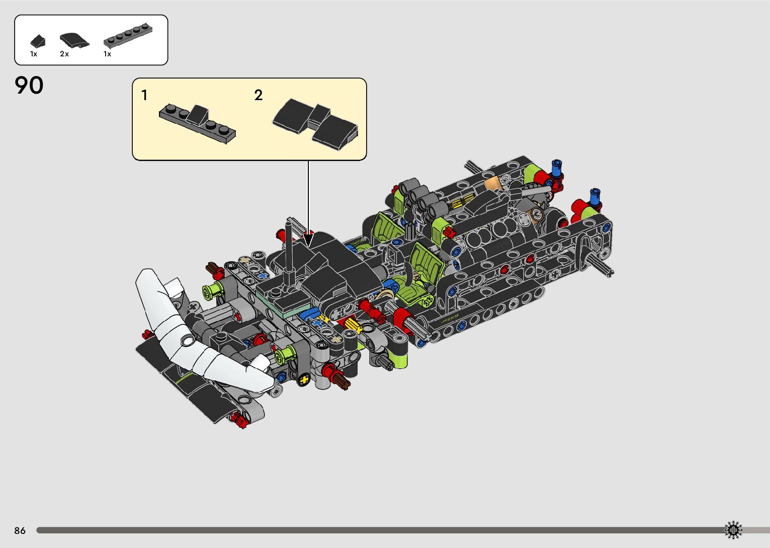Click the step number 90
29,86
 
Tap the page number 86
20,530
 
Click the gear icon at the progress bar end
733,530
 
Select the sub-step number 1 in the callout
144,95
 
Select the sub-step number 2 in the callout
259,95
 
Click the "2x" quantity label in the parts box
64,54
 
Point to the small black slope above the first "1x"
37,41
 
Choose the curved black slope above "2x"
74,40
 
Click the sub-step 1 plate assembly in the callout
197,122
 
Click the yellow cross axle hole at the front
303,380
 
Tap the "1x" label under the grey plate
107,54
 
